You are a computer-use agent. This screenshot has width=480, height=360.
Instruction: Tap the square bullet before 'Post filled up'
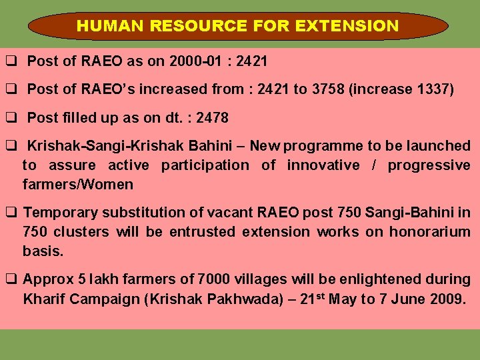(11, 118)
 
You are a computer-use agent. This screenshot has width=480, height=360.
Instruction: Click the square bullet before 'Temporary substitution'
(11, 213)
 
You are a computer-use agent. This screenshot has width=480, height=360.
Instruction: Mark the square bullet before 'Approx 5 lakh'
(11, 279)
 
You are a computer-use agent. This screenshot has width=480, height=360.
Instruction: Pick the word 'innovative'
(323, 165)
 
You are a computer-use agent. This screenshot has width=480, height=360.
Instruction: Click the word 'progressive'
(429, 165)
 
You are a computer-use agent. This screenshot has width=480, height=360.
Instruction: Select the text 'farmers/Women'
(78, 184)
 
